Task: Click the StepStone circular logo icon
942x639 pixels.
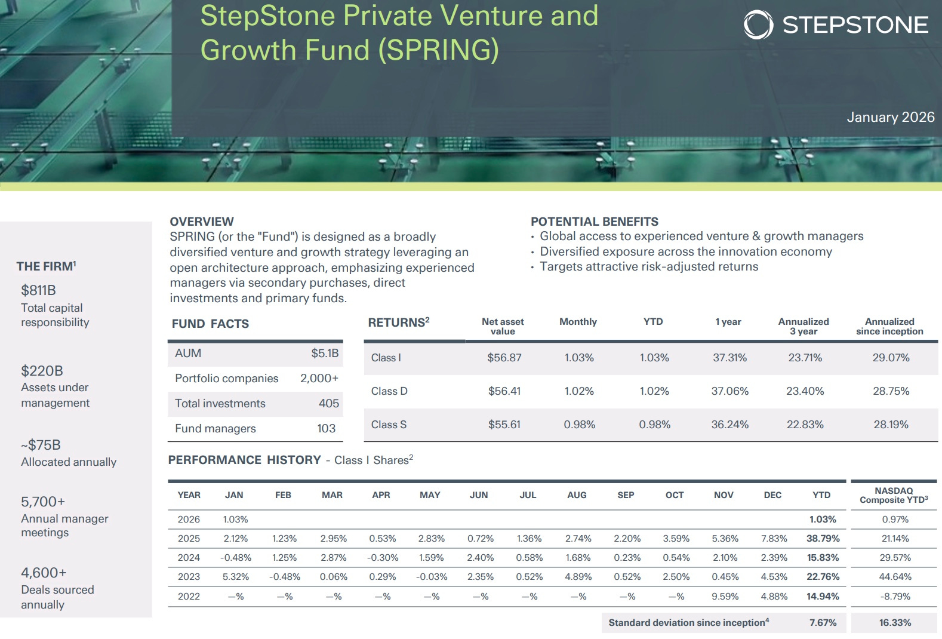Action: pos(758,24)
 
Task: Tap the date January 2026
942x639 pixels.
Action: pos(890,117)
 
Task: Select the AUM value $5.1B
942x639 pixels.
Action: pos(324,353)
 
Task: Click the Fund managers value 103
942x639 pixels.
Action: pos(326,428)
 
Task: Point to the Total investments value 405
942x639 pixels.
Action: pos(328,403)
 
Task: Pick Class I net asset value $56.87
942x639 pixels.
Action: pos(504,358)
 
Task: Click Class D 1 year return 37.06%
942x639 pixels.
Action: pos(729,391)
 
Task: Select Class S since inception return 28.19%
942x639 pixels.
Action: pos(891,425)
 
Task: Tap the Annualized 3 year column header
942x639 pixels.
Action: pos(804,326)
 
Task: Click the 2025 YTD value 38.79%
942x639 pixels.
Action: pos(823,538)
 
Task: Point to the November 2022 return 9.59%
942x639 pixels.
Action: pos(725,596)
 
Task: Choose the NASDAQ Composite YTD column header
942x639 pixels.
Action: pos(894,495)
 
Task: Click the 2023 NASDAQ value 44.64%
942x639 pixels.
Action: pos(895,576)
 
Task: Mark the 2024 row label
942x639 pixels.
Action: pos(189,557)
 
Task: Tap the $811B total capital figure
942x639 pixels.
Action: pos(38,290)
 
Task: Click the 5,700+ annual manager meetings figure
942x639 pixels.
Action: pos(43,502)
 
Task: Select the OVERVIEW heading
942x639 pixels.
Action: pos(202,222)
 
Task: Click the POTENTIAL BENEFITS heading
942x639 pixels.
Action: pos(594,222)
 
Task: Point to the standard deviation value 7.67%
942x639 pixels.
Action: pos(823,622)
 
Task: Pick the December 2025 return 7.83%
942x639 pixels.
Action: pos(774,538)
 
